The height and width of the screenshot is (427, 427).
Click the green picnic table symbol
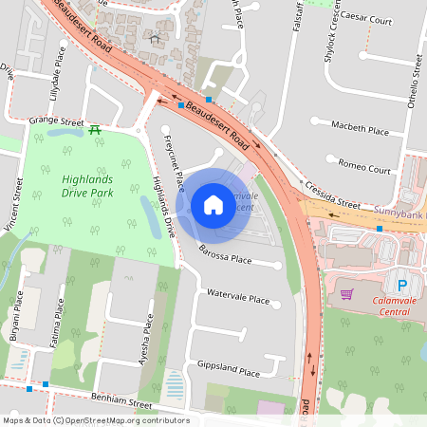[95, 129]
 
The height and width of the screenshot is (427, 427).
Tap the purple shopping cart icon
[346, 294]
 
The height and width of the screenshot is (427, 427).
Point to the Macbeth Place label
[360, 128]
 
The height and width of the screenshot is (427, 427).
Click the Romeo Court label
[364, 168]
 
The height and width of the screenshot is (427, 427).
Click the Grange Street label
[56, 121]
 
